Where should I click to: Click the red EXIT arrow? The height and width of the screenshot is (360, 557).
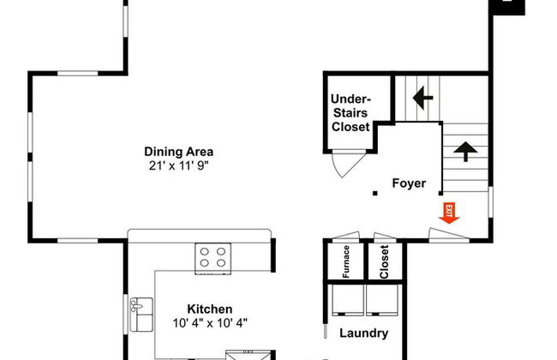[449, 213]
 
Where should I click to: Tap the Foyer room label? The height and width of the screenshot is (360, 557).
[409, 183]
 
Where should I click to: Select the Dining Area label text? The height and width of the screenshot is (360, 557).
[179, 152]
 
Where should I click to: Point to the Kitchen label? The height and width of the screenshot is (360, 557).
[210, 309]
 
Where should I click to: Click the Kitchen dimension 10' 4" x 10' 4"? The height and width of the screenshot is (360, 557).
[210, 323]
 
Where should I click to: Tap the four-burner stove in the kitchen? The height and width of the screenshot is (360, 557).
[213, 258]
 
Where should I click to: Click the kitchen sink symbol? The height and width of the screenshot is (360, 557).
[141, 315]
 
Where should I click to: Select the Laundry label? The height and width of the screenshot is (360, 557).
[363, 333]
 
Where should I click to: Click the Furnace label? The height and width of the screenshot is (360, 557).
[346, 261]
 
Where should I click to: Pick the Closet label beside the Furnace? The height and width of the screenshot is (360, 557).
[384, 262]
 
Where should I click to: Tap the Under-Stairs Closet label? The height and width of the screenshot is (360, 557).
[350, 112]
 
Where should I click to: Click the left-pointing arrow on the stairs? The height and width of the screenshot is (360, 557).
[422, 98]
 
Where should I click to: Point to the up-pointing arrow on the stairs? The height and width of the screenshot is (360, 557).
[465, 152]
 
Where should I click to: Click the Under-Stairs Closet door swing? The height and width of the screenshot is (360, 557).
[349, 164]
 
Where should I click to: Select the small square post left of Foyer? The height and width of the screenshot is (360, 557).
[374, 194]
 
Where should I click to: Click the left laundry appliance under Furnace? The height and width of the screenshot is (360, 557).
[348, 300]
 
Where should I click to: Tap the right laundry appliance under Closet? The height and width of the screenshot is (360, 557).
[383, 300]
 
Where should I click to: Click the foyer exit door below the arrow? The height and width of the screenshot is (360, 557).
[449, 235]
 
